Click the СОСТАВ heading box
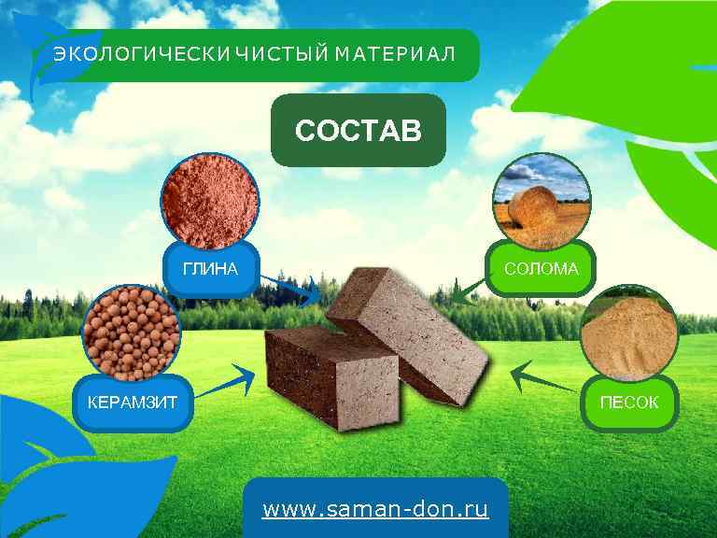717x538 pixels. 358,130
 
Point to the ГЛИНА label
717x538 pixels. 210,270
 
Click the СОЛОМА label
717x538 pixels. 541,270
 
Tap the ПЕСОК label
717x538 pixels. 628,403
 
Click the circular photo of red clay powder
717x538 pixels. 209,199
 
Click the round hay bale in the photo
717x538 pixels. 536,207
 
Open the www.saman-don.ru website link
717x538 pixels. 375,510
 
